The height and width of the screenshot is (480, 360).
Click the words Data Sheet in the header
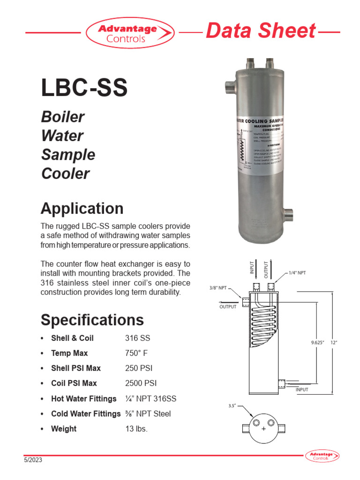[x=261, y=31]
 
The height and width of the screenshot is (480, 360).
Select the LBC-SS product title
[x=84, y=88]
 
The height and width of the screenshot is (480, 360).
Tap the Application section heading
[x=82, y=208]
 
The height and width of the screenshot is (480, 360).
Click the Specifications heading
[x=92, y=320]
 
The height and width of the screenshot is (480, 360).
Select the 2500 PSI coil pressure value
[x=141, y=383]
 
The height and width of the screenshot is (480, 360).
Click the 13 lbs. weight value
[x=136, y=429]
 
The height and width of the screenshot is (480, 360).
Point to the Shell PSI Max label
[x=75, y=368]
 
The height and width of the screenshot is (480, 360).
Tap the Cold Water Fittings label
[x=85, y=413]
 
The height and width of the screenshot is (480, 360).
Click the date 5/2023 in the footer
[x=33, y=460]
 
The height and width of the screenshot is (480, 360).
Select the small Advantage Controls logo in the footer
[x=322, y=456]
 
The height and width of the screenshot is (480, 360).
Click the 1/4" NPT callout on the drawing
[x=297, y=273]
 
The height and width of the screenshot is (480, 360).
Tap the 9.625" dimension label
[x=318, y=343]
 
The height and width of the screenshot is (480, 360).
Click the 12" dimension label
[x=334, y=343]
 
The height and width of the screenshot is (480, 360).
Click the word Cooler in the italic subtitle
[x=65, y=173]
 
